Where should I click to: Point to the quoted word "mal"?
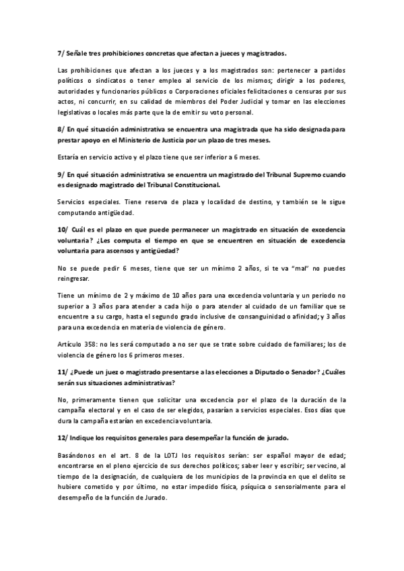point(294,267)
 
